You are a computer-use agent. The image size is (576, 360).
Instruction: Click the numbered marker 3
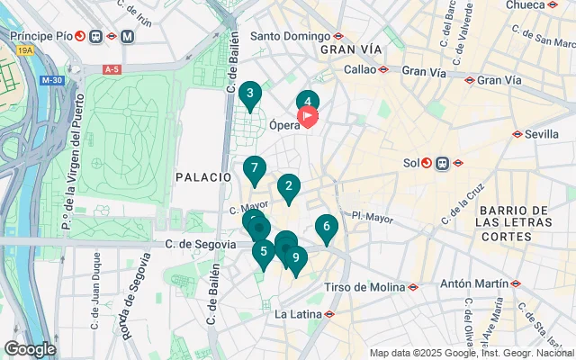pyautogui.click(x=249, y=94)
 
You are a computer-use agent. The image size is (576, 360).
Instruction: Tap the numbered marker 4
pyautogui.click(x=308, y=103)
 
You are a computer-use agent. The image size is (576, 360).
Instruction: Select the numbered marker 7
pyautogui.click(x=255, y=168)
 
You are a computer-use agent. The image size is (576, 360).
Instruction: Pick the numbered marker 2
pyautogui.click(x=288, y=187)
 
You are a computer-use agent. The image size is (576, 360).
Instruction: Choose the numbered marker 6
pyautogui.click(x=327, y=227)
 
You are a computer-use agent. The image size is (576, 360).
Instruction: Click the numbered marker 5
pyautogui.click(x=264, y=252)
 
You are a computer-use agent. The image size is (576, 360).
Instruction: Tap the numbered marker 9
pyautogui.click(x=295, y=258)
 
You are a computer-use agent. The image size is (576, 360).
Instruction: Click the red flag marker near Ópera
pyautogui.click(x=308, y=116)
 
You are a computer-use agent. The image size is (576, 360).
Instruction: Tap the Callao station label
pyautogui.click(x=359, y=69)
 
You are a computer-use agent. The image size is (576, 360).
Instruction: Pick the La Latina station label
pyautogui.click(x=295, y=314)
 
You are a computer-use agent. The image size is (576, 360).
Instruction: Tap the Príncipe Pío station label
pyautogui.click(x=40, y=37)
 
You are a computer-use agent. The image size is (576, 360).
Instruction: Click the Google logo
pyautogui.click(x=30, y=348)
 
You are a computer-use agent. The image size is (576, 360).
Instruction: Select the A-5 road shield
pyautogui.click(x=112, y=69)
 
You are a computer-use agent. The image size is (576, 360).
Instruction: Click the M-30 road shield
pyautogui.click(x=52, y=80)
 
